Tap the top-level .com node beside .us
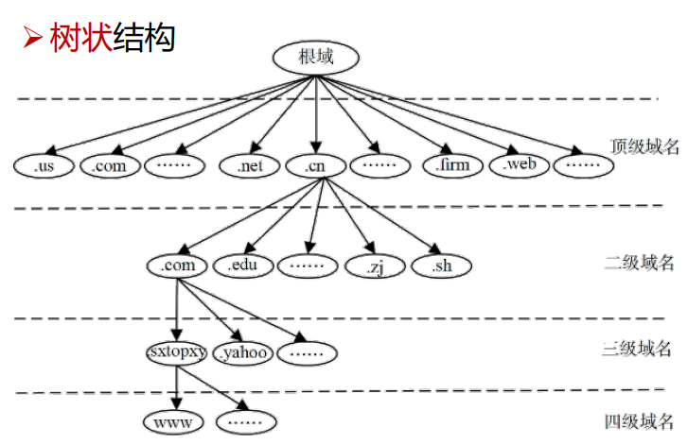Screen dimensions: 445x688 [109, 165]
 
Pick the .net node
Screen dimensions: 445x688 [250, 165]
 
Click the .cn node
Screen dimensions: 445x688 [315, 165]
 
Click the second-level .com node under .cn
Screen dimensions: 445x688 [178, 265]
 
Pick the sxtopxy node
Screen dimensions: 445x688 [178, 352]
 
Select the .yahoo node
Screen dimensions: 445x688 [242, 353]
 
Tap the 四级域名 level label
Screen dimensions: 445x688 [640, 421]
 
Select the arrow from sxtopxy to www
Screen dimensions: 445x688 [177, 386]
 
